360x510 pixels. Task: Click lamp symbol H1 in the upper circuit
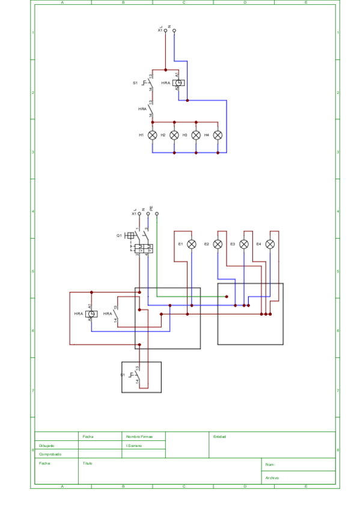153,135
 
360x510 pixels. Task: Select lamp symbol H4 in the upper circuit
218,135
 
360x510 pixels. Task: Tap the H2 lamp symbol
174,135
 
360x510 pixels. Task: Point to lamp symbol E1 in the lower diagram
192,244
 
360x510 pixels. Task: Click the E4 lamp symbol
270,244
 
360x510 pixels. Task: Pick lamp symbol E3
244,244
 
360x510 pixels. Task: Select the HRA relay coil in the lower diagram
91,314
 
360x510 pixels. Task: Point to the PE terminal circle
157,214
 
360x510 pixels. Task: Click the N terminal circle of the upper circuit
174,30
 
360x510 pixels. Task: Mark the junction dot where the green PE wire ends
227,296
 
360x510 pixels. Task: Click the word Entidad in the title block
219,437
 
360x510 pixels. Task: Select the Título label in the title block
88,464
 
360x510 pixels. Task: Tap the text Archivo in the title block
272,478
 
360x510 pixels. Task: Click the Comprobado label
50,455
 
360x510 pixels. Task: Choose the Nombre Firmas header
139,437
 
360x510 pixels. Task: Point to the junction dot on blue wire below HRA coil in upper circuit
188,100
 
